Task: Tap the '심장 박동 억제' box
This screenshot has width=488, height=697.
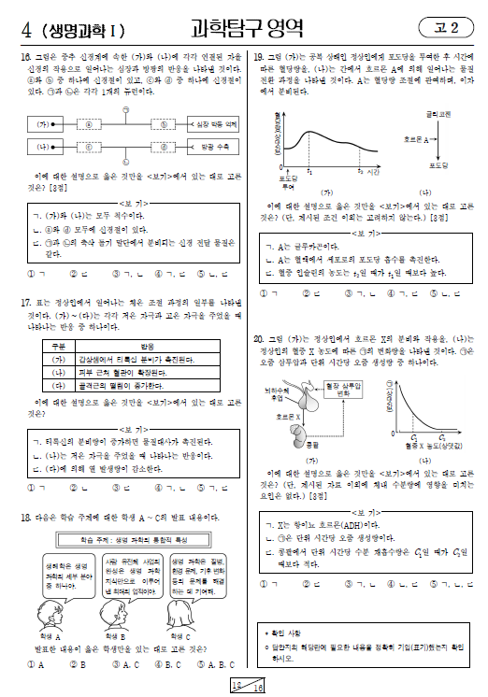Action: [212, 123]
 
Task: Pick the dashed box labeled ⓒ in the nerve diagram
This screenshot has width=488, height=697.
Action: [164, 123]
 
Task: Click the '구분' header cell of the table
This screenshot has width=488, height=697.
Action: [60, 345]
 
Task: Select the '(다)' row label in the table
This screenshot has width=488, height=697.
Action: [60, 383]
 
